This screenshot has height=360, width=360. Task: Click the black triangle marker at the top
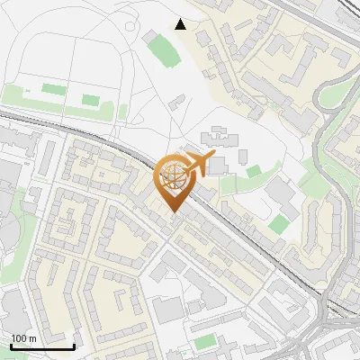[181, 24]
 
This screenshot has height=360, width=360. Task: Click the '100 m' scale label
[24, 338]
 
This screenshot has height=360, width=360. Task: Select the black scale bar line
[42, 346]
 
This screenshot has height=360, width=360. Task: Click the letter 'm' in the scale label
[34, 338]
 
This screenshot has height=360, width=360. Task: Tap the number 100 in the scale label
[19, 338]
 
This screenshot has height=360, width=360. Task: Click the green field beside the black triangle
[163, 49]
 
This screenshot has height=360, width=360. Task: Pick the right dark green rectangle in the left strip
[91, 100]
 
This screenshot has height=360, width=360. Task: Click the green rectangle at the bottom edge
[206, 341]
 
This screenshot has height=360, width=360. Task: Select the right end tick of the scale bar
[74, 345]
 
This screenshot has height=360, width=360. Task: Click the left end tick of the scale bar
[11, 345]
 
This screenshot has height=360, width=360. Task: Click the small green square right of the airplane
[254, 171]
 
